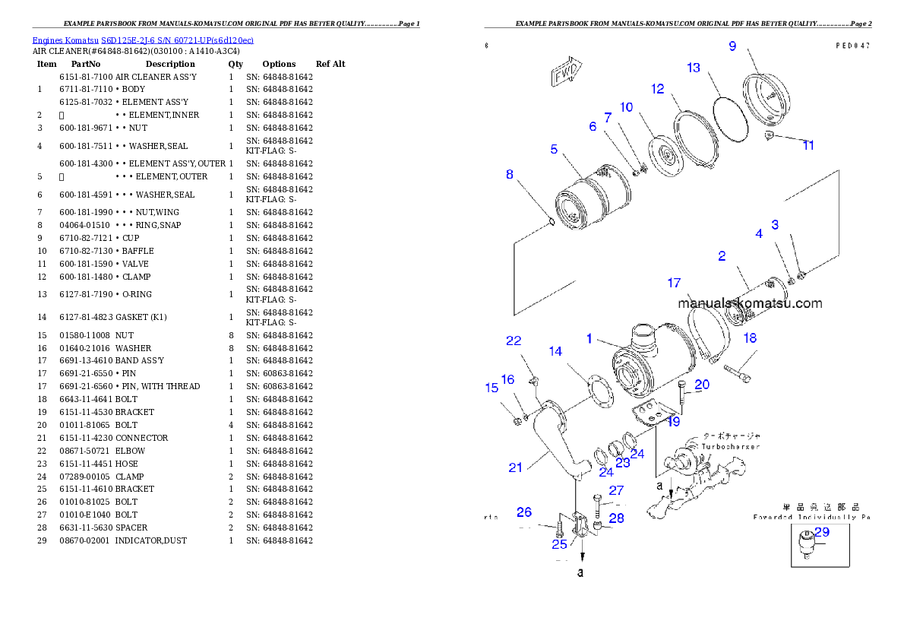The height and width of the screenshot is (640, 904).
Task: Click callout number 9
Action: click(x=732, y=46)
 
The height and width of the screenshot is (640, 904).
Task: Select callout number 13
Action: click(x=693, y=68)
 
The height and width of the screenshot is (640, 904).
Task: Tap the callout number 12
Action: click(x=657, y=89)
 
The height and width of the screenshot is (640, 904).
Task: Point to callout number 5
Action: click(x=554, y=150)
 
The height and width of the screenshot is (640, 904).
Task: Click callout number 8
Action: click(x=510, y=174)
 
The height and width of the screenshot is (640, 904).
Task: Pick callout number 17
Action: click(x=674, y=283)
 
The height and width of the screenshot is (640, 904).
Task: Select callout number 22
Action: click(x=514, y=340)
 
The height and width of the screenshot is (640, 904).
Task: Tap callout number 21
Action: click(x=515, y=467)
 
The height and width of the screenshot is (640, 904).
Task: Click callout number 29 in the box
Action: click(x=822, y=532)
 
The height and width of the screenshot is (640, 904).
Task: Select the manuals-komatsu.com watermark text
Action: click(x=750, y=303)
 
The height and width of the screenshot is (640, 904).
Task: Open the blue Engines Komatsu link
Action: click(x=143, y=40)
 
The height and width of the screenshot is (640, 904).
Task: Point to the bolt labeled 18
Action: click(x=737, y=372)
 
